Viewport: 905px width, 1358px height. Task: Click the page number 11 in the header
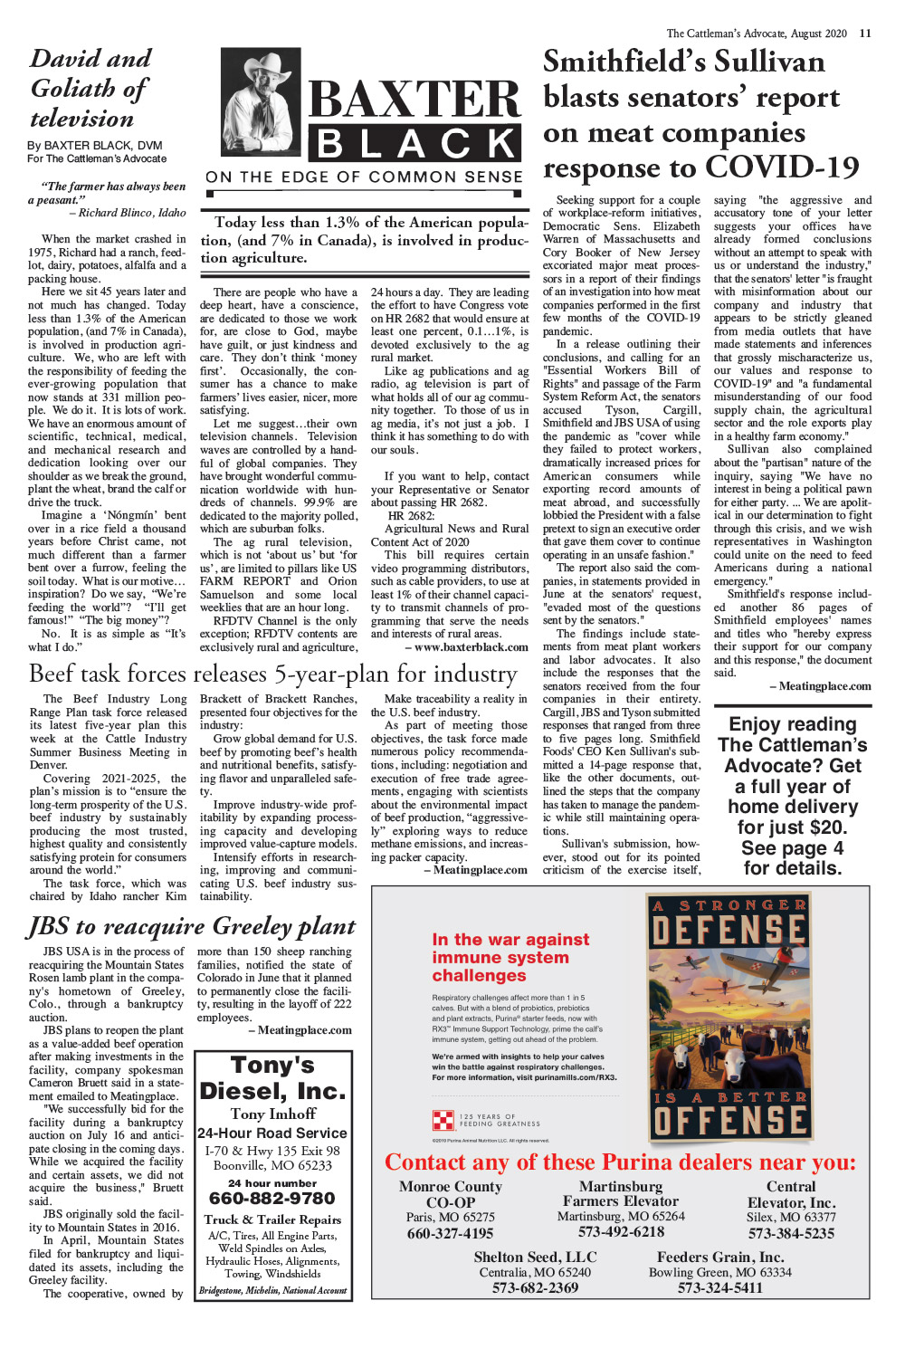[x=865, y=33]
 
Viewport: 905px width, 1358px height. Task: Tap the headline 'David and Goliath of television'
[x=90, y=89]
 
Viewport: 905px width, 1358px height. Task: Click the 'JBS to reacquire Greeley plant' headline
[x=191, y=926]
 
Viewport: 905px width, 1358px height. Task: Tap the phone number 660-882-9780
[x=271, y=1199]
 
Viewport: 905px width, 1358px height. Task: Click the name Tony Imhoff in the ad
[x=272, y=1114]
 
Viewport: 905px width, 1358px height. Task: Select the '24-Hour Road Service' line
[x=272, y=1133]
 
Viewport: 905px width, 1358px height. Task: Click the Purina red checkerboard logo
[x=443, y=1120]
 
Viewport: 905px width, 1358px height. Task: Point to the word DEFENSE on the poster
[x=729, y=930]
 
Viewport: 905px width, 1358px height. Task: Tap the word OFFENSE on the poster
[x=729, y=1121]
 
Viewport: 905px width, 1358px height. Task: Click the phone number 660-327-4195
[x=450, y=1233]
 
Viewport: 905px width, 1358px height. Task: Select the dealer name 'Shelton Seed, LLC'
[x=535, y=1257]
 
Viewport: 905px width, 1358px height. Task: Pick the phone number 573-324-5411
[x=719, y=1287]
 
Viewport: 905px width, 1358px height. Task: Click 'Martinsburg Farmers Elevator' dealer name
[x=620, y=1193]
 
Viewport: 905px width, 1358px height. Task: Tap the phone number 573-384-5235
[x=791, y=1233]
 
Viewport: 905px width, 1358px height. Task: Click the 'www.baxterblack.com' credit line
[x=466, y=647]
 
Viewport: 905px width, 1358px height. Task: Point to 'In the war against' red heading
[x=510, y=940]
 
